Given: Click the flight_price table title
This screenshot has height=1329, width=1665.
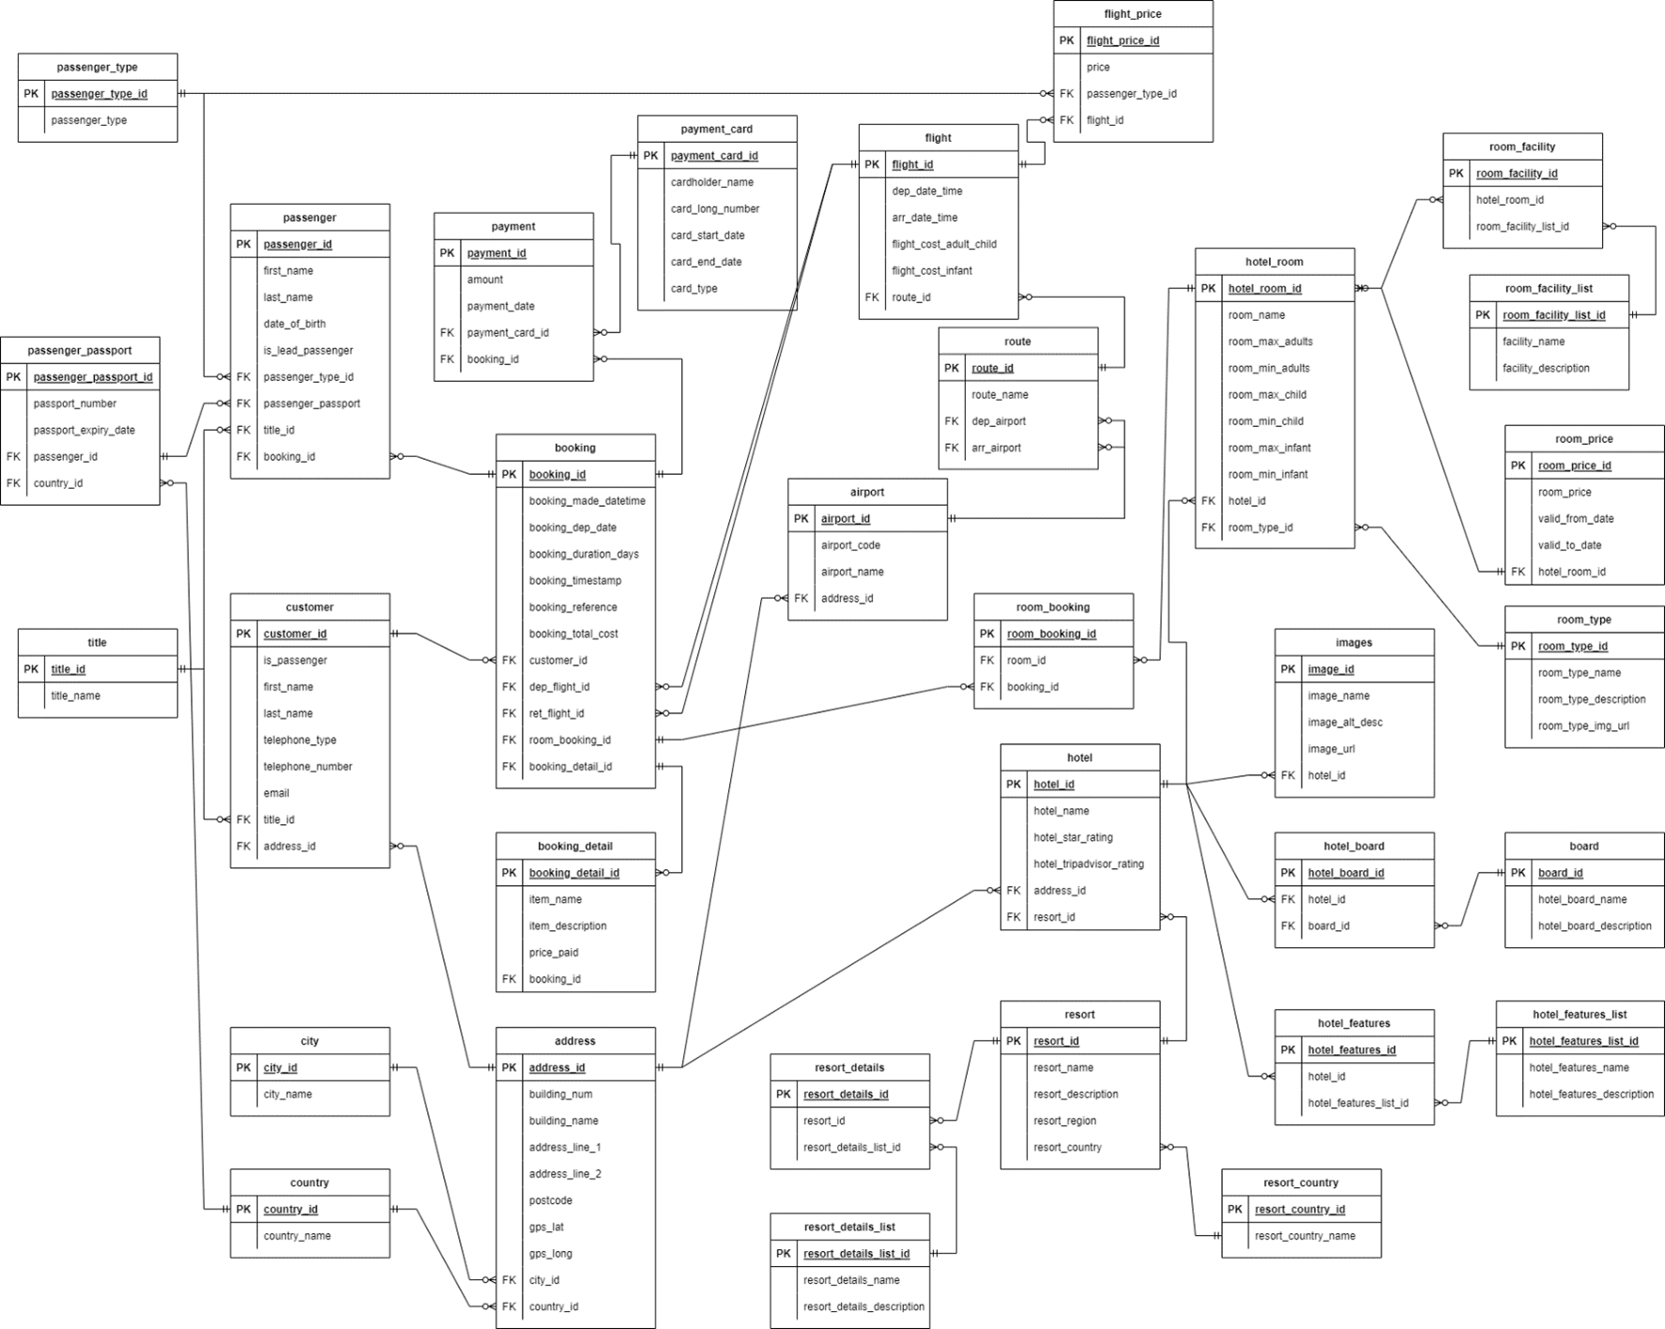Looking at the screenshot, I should pos(1133,14).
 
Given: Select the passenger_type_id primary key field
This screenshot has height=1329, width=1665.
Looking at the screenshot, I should pos(99,94).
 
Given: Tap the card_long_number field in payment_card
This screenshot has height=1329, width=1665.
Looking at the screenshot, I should pos(715,209).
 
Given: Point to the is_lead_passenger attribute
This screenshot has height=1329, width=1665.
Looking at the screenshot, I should pos(308,351).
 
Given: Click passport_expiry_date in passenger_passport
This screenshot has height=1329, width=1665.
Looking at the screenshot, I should pos(84,431).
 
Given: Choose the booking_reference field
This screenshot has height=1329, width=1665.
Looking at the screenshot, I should pos(573,607).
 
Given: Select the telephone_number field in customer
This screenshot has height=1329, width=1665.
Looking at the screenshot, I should pos(308,767).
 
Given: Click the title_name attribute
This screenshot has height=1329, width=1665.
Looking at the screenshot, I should pos(76,696).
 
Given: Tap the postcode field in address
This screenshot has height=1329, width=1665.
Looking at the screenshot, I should pos(550,1200).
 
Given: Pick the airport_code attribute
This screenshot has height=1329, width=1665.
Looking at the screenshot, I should pos(850,545).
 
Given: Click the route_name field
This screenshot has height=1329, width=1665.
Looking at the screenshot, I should pos(1000,395).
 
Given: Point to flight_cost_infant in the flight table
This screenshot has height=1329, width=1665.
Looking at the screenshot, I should pos(932,271).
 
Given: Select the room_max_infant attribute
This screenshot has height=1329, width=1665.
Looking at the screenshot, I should pos(1269,449).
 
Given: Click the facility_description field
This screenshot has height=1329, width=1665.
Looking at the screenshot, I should pos(1546,369).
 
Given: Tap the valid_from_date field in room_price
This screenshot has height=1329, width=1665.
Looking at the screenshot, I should pos(1576,519).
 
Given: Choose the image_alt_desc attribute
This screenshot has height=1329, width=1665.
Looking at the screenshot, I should pos(1345,723).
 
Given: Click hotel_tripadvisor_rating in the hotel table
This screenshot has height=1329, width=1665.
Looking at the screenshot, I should pos(1089,864).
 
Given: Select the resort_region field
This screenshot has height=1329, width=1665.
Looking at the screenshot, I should pos(1064,1121).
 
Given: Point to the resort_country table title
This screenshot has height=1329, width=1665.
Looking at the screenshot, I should pos(1301,1183).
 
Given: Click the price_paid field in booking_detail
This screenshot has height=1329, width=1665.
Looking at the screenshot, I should pos(554,953).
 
